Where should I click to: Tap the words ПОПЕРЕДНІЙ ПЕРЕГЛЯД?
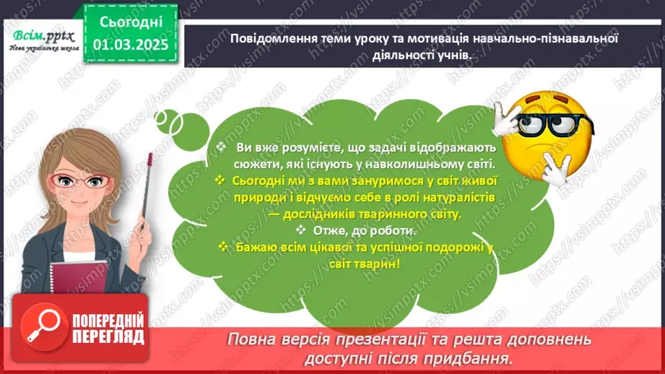click(108, 328)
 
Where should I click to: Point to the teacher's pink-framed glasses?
click(87, 181)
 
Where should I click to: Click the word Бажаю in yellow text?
click(253, 248)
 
